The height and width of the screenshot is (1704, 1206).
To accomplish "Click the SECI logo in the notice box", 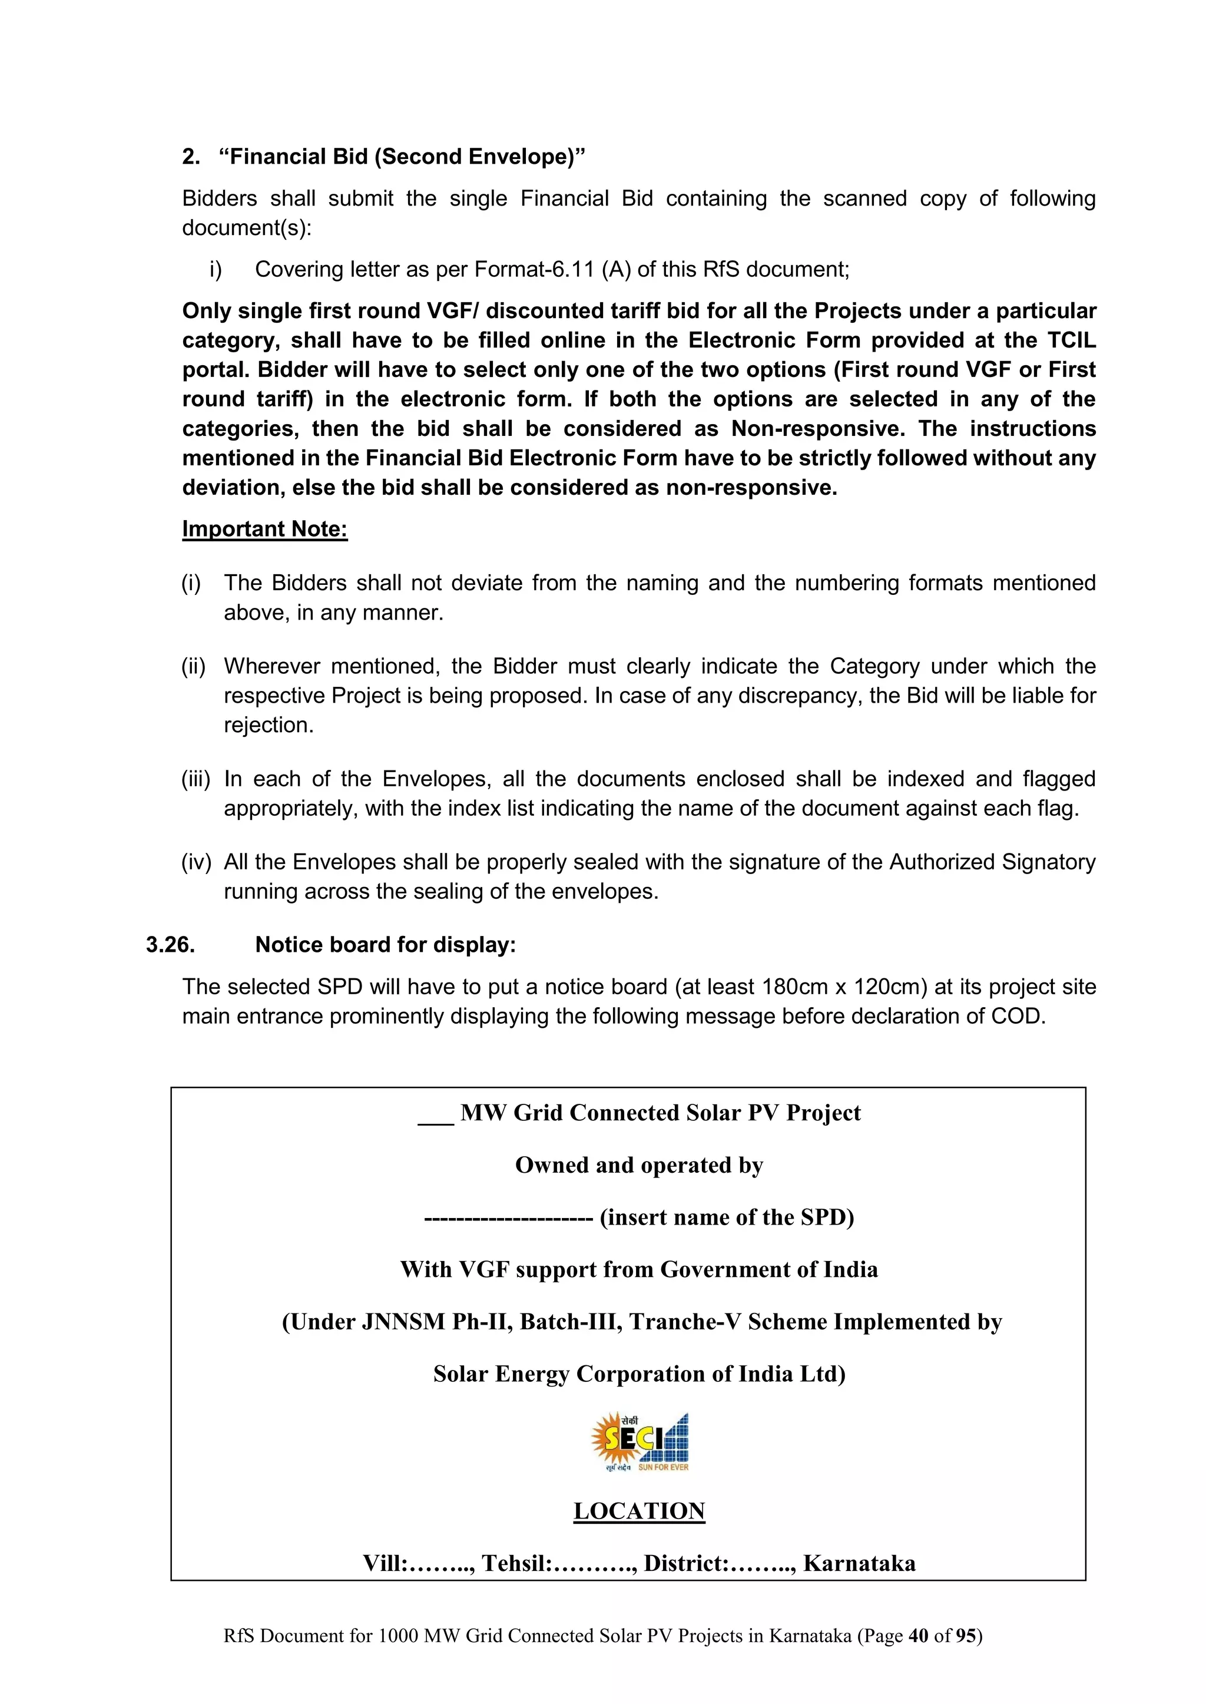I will click(x=640, y=1441).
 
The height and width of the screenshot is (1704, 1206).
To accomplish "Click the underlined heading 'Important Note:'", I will click(x=264, y=529).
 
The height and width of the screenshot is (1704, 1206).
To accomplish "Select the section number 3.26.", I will click(x=170, y=945).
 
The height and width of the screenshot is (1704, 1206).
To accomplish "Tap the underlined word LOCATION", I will click(x=639, y=1511).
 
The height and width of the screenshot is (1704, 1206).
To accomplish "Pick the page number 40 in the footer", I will click(x=918, y=1636).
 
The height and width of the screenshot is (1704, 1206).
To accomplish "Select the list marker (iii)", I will click(x=196, y=779).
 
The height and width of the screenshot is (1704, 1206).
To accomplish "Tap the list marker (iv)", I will click(x=196, y=862).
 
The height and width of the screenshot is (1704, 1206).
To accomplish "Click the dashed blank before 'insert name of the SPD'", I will click(x=508, y=1218).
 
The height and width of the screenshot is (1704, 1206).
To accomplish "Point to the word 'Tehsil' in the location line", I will click(x=515, y=1564).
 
